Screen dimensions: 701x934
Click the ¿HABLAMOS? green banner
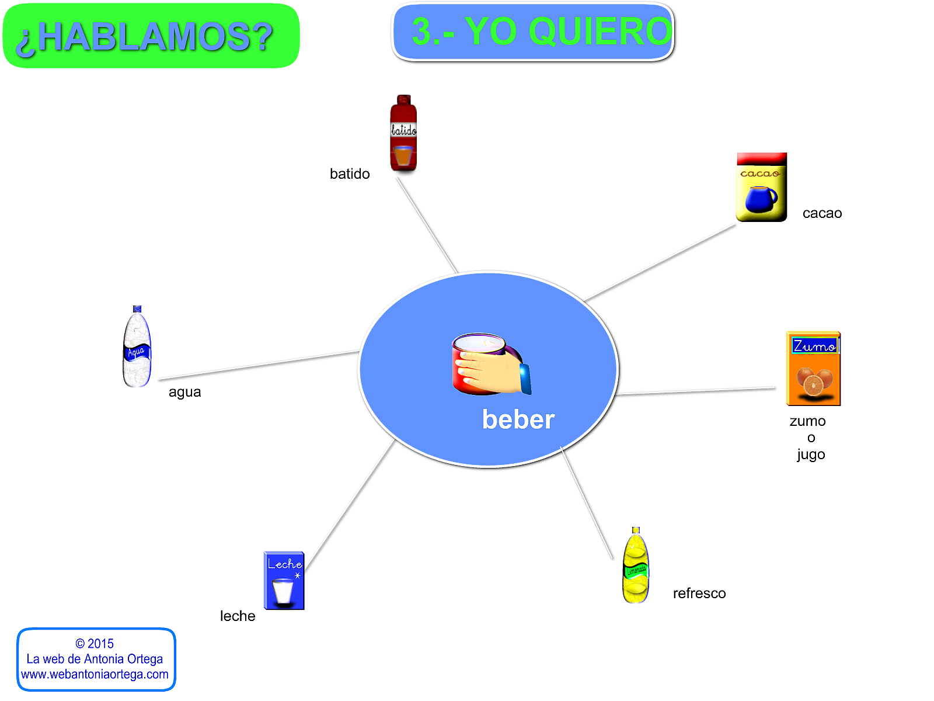151,36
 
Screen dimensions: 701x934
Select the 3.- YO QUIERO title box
532,32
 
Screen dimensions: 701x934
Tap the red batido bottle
403,133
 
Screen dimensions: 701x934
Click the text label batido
350,174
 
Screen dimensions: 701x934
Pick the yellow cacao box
761,188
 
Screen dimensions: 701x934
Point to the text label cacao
822,213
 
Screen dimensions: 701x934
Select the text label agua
184,392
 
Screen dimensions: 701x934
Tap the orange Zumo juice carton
813,369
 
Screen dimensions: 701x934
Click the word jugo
811,454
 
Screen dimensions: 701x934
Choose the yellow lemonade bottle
636,566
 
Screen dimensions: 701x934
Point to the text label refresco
699,594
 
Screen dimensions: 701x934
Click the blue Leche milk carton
284,581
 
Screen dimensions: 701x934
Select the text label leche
238,616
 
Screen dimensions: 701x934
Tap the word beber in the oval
518,420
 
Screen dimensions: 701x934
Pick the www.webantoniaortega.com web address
95,674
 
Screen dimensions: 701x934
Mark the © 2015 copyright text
95,644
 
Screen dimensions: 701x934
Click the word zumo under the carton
807,421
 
